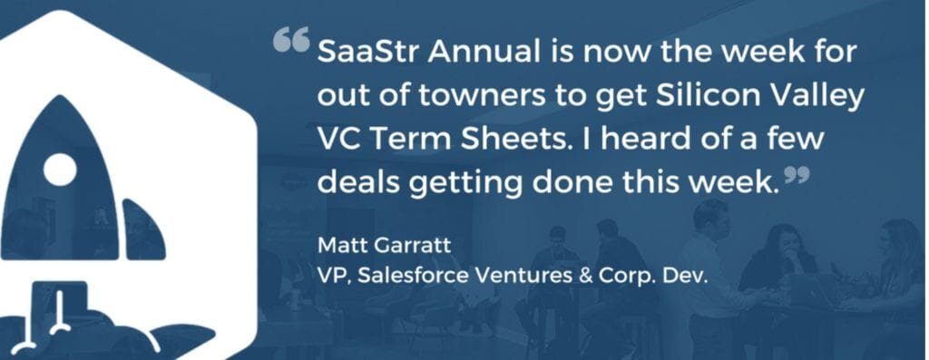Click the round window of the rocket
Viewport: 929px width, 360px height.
point(61,169)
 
